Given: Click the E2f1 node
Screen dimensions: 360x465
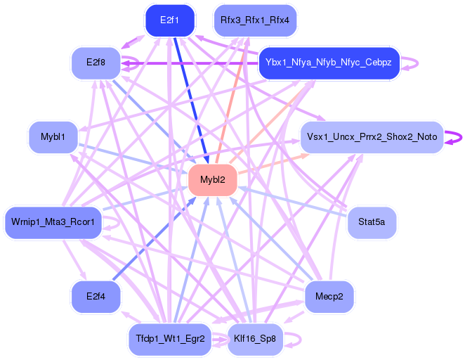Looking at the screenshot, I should (169, 20).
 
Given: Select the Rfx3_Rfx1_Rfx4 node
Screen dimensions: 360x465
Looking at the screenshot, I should (254, 20).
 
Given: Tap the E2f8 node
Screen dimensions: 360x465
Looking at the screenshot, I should (96, 63).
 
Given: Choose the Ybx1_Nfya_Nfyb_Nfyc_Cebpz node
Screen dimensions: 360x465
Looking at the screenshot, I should (328, 63).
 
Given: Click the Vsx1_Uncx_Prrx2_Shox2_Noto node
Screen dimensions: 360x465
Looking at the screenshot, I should (372, 136).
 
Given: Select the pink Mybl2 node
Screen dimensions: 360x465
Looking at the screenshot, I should (212, 180).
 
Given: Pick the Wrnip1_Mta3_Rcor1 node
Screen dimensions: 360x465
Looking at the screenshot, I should (53, 223).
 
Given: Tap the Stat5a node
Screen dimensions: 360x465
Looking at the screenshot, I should (372, 223).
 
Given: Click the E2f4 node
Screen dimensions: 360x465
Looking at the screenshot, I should (96, 296).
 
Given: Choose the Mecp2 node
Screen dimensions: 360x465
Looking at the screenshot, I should (329, 296).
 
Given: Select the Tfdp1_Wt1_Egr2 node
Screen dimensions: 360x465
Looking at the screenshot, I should (169, 339).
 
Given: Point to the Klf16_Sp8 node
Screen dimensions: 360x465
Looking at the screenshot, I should (255, 339).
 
